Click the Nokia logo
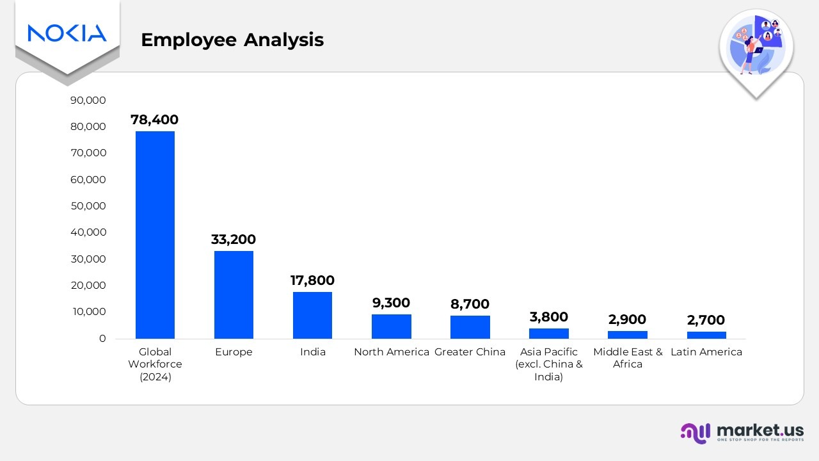(x=67, y=33)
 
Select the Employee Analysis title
(x=232, y=40)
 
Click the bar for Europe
(x=234, y=295)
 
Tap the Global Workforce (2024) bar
(x=155, y=235)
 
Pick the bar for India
(x=312, y=315)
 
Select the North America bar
(x=391, y=327)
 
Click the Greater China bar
(x=470, y=327)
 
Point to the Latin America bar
(x=706, y=335)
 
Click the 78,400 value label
(x=155, y=120)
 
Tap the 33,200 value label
(x=234, y=239)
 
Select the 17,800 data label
(x=312, y=280)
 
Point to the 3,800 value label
(x=548, y=317)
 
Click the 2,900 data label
(x=627, y=319)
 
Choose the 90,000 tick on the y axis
(x=89, y=101)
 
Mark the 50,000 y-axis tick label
(x=89, y=206)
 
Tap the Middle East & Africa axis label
(x=628, y=358)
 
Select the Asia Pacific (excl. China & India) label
(x=548, y=364)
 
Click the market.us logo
(x=742, y=432)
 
